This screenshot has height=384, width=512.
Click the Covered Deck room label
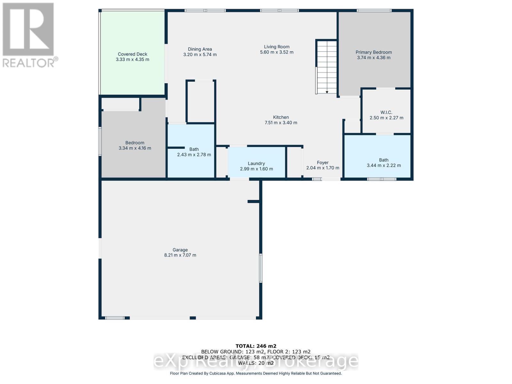pyautogui.click(x=132, y=54)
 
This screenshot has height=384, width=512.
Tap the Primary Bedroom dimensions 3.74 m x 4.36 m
pyautogui.click(x=374, y=58)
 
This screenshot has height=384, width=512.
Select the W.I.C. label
pyautogui.click(x=386, y=112)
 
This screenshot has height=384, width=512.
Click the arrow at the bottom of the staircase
pyautogui.click(x=327, y=92)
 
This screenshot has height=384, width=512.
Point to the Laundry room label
pyautogui.click(x=256, y=163)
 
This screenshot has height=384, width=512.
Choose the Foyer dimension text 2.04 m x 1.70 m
pyautogui.click(x=323, y=168)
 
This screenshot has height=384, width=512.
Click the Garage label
pyautogui.click(x=180, y=250)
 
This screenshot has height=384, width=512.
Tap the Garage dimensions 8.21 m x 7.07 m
pyautogui.click(x=180, y=255)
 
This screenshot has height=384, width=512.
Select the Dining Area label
pyautogui.click(x=200, y=49)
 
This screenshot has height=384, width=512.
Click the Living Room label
pyautogui.click(x=276, y=47)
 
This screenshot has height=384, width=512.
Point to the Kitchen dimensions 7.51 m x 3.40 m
pyautogui.click(x=281, y=123)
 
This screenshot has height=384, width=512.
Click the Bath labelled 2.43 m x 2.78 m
pyautogui.click(x=194, y=152)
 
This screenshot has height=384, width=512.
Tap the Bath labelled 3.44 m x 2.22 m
pyautogui.click(x=384, y=163)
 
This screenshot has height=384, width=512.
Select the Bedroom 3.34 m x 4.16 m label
pyautogui.click(x=135, y=145)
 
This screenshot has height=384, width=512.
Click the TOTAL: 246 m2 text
pyautogui.click(x=256, y=346)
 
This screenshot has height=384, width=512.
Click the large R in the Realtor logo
pyautogui.click(x=28, y=29)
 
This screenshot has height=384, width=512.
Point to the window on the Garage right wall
pyautogui.click(x=261, y=268)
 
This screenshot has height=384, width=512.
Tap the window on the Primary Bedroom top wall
pyautogui.click(x=374, y=11)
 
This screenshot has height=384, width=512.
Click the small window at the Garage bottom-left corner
pyautogui.click(x=115, y=318)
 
